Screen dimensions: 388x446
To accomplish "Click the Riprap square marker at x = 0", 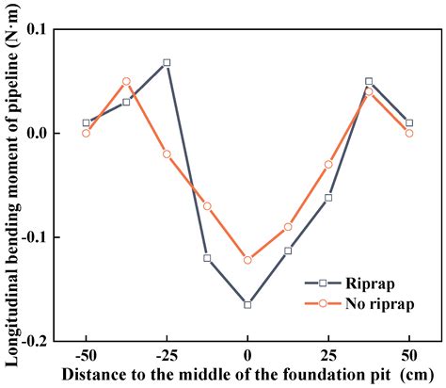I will point(247,304).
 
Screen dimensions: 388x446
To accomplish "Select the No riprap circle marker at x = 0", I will point(247,260).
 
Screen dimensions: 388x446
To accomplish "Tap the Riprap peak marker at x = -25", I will point(167,62).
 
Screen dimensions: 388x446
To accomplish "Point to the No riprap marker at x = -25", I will point(167,154).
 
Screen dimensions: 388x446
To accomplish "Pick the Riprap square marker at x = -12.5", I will point(207,258).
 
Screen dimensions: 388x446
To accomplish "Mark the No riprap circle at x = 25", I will point(328,164).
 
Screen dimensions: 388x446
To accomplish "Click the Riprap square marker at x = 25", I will point(328,198).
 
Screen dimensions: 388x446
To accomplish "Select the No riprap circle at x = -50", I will point(86,133).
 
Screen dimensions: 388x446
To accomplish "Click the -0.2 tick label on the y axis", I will point(34,341).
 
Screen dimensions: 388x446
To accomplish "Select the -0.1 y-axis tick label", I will point(34,237).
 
